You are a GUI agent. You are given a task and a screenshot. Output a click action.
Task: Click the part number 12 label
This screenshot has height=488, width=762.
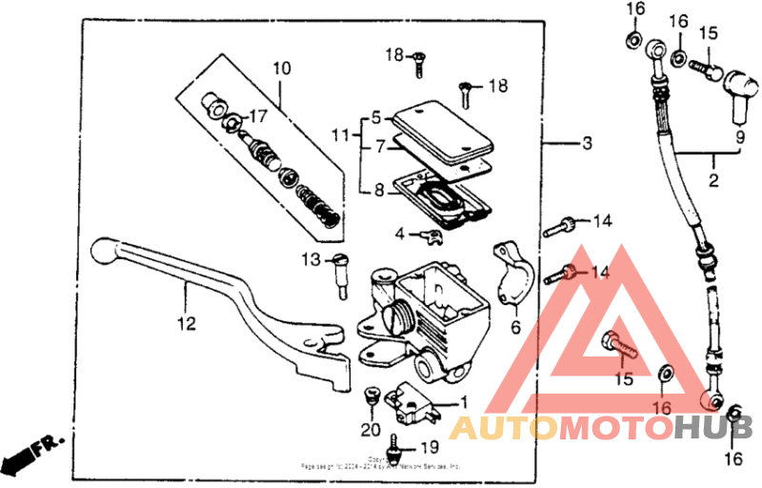[x=186, y=325]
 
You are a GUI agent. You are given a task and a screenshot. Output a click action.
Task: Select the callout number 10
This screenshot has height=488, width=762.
[x=281, y=69]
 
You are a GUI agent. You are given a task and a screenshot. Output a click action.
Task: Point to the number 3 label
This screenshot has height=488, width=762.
[x=587, y=144]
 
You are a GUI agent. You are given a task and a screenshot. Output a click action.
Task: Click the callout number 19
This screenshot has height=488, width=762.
[x=429, y=447]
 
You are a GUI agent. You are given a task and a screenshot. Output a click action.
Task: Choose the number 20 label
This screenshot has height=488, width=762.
[x=370, y=430]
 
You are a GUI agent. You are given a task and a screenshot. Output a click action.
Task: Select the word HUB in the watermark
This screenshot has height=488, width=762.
[x=714, y=429]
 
